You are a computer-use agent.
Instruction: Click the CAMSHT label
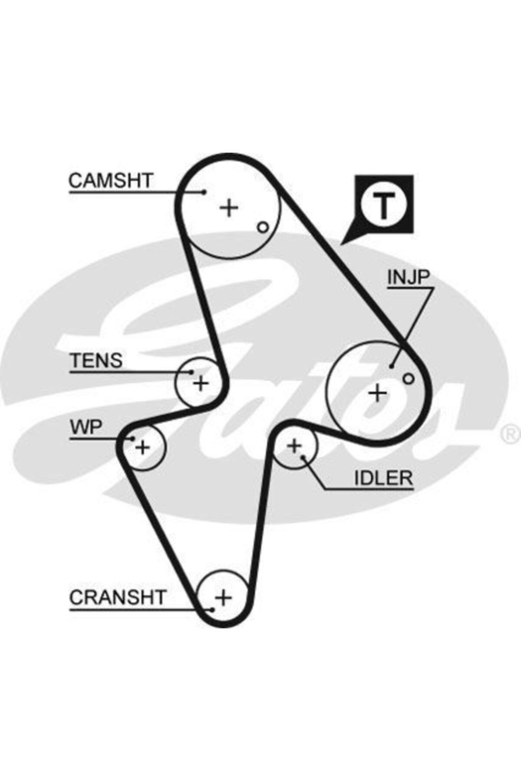click(x=111, y=180)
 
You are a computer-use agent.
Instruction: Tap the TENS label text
click(x=97, y=360)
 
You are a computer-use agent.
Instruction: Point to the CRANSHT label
click(x=118, y=597)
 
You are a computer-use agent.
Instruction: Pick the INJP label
click(x=408, y=278)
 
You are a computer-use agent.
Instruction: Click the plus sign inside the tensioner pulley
click(x=201, y=383)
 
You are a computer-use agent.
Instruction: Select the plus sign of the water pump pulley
click(x=142, y=447)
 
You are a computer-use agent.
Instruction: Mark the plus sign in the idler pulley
click(x=294, y=446)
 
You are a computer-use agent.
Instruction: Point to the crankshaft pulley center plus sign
click(x=224, y=598)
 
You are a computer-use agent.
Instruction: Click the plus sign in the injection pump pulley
click(x=377, y=393)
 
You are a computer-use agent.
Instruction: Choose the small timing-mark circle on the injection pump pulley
click(x=408, y=378)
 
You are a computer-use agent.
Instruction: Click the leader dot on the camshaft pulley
click(x=204, y=191)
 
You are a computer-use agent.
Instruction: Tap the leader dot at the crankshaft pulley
click(x=212, y=610)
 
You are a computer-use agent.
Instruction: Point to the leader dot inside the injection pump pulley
click(x=391, y=366)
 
